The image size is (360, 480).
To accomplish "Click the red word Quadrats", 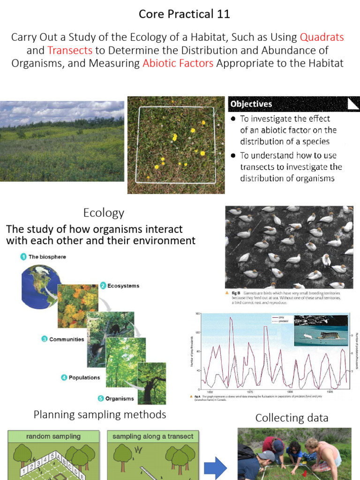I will [322, 37].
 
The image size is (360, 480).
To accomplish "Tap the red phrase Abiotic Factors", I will [178, 63].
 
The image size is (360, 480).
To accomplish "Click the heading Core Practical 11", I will [184, 14].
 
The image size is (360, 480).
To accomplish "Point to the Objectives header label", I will [251, 104].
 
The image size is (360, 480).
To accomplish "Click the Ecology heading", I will [104, 213].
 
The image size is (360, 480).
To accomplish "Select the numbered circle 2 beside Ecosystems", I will [103, 285].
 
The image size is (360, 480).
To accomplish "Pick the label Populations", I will [84, 377].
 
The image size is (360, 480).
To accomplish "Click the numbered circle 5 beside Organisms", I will [100, 399].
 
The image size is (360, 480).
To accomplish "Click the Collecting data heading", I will [292, 418].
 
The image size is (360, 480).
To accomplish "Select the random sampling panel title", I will [53, 436].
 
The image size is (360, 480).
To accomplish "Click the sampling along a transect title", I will [153, 436].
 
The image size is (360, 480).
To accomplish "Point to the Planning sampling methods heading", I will [99, 415].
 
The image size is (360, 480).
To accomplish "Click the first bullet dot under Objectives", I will [233, 119].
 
